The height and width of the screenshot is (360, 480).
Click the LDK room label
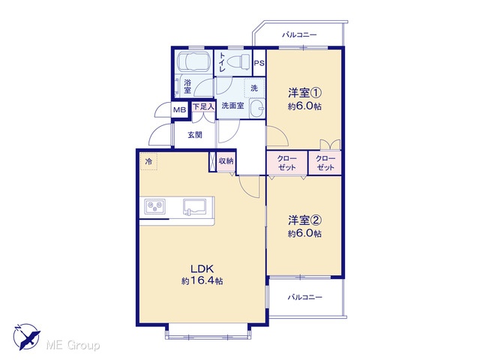point(202,269)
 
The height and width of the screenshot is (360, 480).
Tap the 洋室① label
point(304,92)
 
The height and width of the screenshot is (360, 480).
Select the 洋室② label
point(304,220)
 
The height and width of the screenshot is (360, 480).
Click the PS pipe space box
point(259,63)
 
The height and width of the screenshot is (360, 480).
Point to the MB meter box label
point(180,110)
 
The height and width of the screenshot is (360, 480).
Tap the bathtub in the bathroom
point(193,61)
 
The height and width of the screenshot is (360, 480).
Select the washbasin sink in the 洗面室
point(257,108)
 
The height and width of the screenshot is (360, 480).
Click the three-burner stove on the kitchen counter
point(156,206)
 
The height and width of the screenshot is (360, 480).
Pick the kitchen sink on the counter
point(196,207)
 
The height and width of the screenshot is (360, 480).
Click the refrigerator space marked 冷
point(148,162)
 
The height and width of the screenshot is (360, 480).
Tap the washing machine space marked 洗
point(254,88)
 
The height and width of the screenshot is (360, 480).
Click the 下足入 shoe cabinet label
point(203,106)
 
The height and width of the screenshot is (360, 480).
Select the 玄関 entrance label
point(195,135)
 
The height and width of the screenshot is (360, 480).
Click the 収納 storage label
point(226,161)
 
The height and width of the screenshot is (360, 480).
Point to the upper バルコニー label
point(299,34)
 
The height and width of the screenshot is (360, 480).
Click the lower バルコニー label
point(305,297)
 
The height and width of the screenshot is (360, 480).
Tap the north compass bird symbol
point(27,337)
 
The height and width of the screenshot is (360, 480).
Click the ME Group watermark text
point(73,345)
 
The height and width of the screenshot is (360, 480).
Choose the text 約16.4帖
point(202,280)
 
